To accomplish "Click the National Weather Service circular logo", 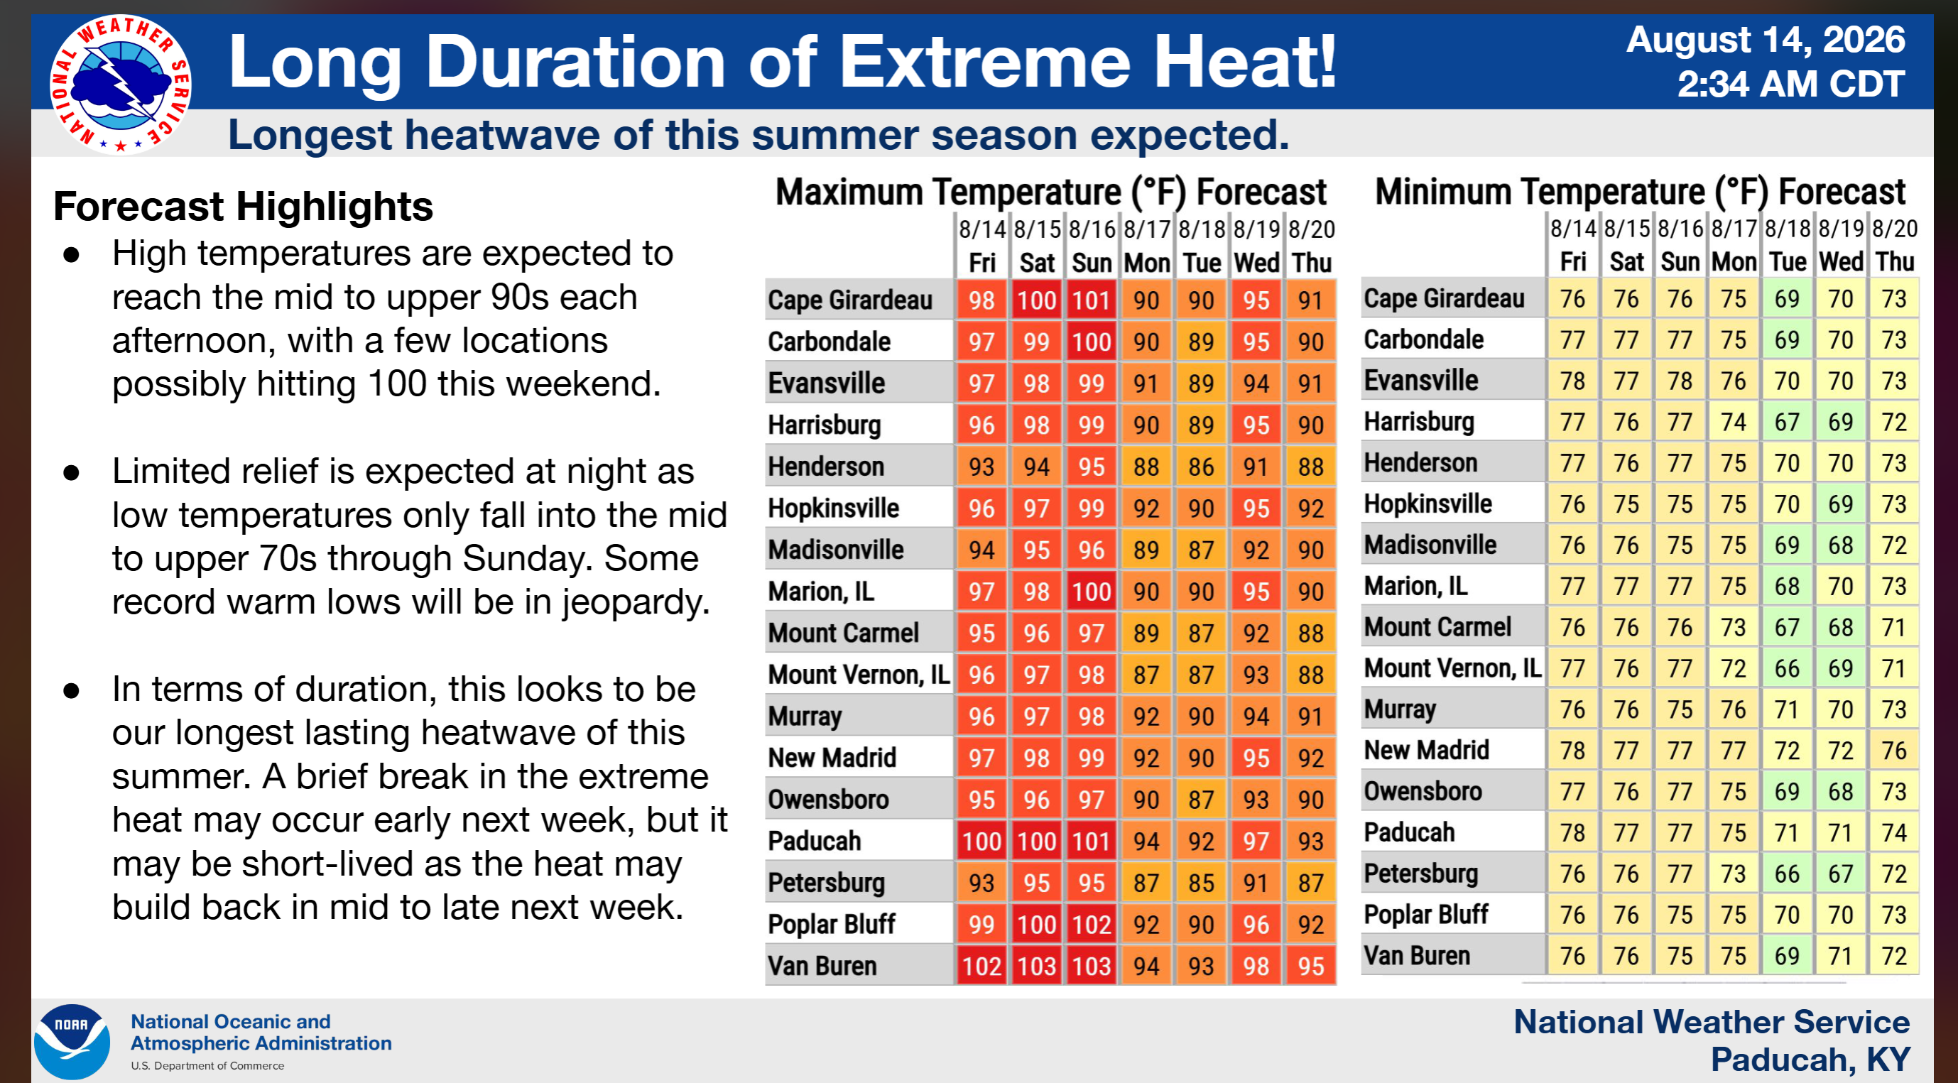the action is pyautogui.click(x=120, y=85).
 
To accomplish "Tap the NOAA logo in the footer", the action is pyautogui.click(x=72, y=1041).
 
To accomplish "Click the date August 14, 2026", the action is pyautogui.click(x=1766, y=40).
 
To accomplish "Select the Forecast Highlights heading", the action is pyautogui.click(x=243, y=206).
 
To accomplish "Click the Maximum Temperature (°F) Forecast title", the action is pyautogui.click(x=1050, y=192).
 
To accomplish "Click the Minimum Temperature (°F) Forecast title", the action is pyautogui.click(x=1641, y=192).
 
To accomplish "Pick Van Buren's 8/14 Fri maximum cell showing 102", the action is pyautogui.click(x=981, y=965).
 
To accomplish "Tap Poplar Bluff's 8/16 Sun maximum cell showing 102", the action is pyautogui.click(x=1092, y=924).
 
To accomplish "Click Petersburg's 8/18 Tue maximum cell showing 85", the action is pyautogui.click(x=1201, y=882).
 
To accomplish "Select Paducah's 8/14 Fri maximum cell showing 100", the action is pyautogui.click(x=981, y=841).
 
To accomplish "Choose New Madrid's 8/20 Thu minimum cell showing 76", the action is pyautogui.click(x=1894, y=750).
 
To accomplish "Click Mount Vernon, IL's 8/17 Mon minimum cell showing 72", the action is pyautogui.click(x=1734, y=668).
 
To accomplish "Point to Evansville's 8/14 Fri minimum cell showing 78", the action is pyautogui.click(x=1572, y=380).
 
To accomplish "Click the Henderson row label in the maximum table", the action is pyautogui.click(x=826, y=466).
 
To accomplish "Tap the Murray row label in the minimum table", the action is pyautogui.click(x=1399, y=709).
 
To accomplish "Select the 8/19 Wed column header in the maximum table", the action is pyautogui.click(x=1256, y=246).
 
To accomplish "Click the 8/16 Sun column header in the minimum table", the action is pyautogui.click(x=1680, y=245).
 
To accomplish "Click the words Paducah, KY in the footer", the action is pyautogui.click(x=1810, y=1059).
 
